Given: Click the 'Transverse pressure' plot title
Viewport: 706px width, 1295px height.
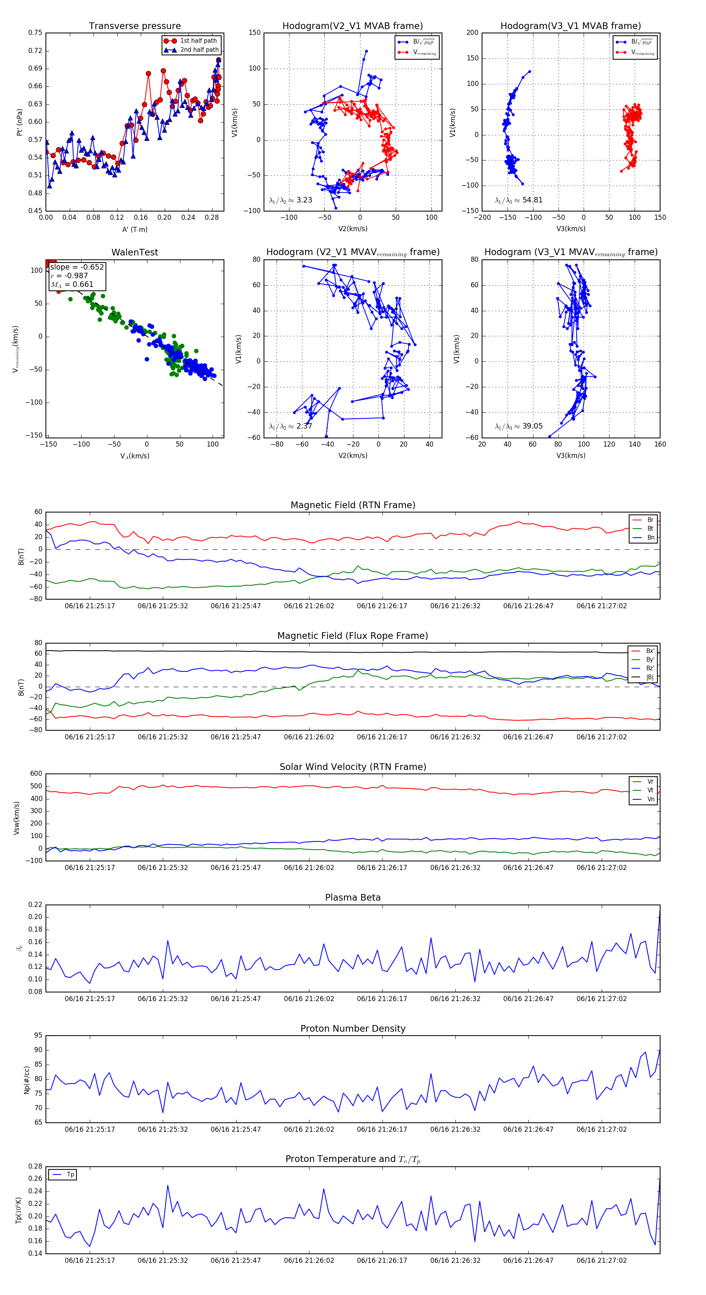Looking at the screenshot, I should [135, 26].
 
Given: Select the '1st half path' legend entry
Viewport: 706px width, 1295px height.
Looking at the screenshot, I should [198, 41].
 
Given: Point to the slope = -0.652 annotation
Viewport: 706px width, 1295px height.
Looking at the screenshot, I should [77, 267].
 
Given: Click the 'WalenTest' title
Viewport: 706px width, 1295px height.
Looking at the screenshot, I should [135, 252].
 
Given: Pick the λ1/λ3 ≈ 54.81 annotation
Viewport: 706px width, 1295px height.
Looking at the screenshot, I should [519, 200].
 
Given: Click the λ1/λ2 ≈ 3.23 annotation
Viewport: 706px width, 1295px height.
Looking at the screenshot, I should [290, 200].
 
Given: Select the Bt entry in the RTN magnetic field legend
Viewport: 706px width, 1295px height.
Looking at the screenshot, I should [650, 528].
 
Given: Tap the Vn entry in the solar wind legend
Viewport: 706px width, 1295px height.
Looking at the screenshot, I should [650, 799].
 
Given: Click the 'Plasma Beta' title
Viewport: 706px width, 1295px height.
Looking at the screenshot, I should [353, 897].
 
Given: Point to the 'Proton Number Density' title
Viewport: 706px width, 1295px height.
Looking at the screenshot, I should [353, 1029].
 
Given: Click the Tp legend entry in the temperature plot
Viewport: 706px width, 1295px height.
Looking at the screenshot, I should [70, 1175].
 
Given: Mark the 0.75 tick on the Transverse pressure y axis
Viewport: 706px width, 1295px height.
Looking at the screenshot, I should [35, 33].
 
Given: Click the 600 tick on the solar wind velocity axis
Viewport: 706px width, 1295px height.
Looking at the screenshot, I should [36, 774].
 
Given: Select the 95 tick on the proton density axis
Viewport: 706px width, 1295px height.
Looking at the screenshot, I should [38, 1035].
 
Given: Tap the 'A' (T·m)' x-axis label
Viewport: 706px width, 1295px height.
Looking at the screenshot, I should [135, 229].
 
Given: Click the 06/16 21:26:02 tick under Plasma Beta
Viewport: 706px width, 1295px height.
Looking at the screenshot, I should [309, 998].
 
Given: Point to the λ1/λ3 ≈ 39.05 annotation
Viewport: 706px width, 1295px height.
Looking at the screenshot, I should [519, 426].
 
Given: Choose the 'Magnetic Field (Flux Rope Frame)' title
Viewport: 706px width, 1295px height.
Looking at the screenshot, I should [353, 636].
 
